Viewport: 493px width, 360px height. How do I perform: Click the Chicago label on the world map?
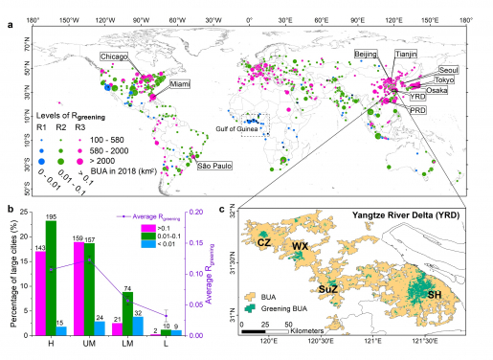click(115, 57)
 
